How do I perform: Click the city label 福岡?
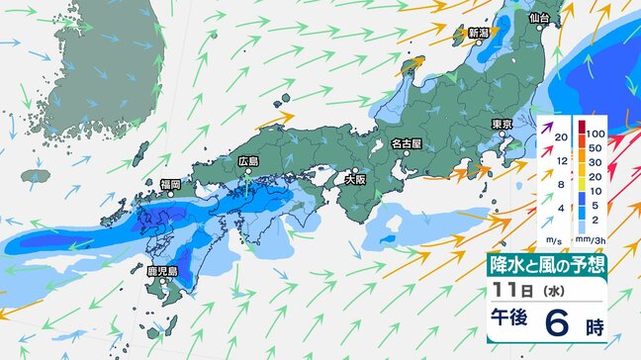(x=170, y=184)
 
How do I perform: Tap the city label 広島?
(x=248, y=161)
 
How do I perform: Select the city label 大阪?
(x=355, y=181)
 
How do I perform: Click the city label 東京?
(x=501, y=124)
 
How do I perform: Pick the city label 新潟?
(x=479, y=33)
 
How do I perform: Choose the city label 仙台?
(x=539, y=18)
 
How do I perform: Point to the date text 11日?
(x=513, y=293)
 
